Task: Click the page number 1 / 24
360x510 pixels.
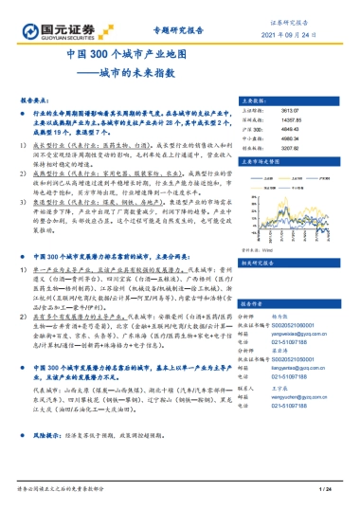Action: (322, 489)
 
